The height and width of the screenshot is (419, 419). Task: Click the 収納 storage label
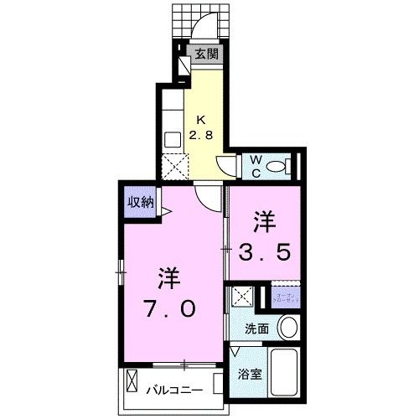pyautogui.click(x=141, y=201)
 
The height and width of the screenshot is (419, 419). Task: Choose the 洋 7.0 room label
pyautogui.click(x=172, y=294)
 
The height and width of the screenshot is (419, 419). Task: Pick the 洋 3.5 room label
pyautogui.click(x=266, y=238)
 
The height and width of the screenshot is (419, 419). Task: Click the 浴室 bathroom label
pyautogui.click(x=251, y=374)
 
